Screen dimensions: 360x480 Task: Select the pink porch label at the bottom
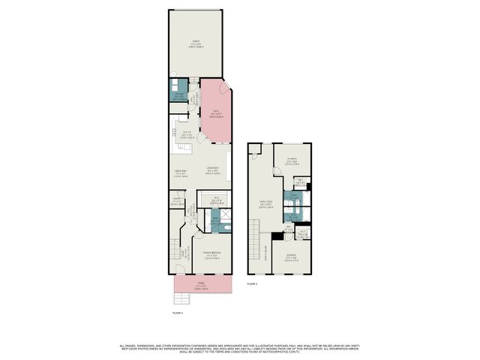coord(199,285)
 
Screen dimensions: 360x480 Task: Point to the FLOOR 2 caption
coord(252,283)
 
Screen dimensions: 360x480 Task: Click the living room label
coord(213,169)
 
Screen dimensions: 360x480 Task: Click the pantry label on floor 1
coord(178,201)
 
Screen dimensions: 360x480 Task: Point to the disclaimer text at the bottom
coord(240,348)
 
